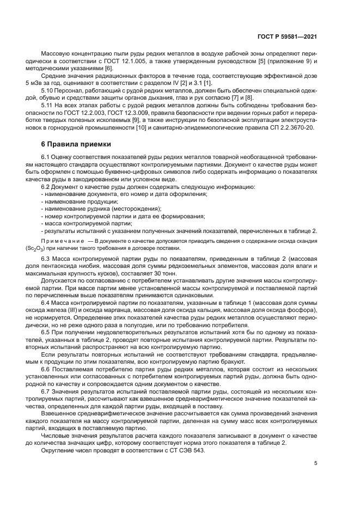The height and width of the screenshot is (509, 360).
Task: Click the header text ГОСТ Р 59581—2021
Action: click(x=287, y=36)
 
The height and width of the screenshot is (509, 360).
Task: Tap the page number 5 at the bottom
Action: click(x=316, y=464)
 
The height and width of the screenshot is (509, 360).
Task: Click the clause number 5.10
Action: click(x=47, y=90)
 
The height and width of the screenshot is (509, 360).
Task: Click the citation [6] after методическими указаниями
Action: click(x=108, y=68)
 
